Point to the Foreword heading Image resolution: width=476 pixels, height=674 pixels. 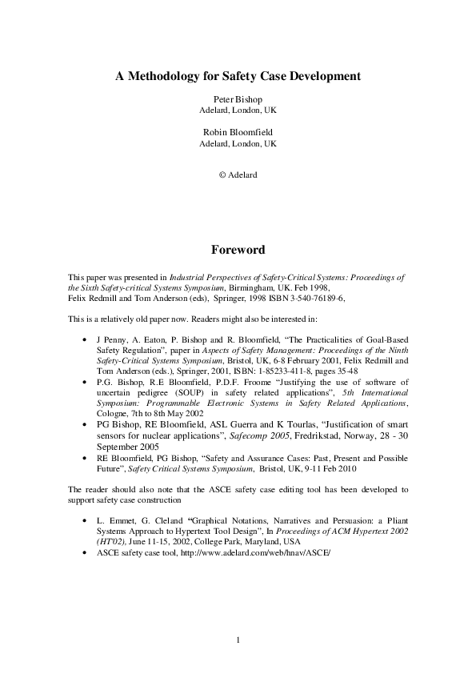pos(238,250)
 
